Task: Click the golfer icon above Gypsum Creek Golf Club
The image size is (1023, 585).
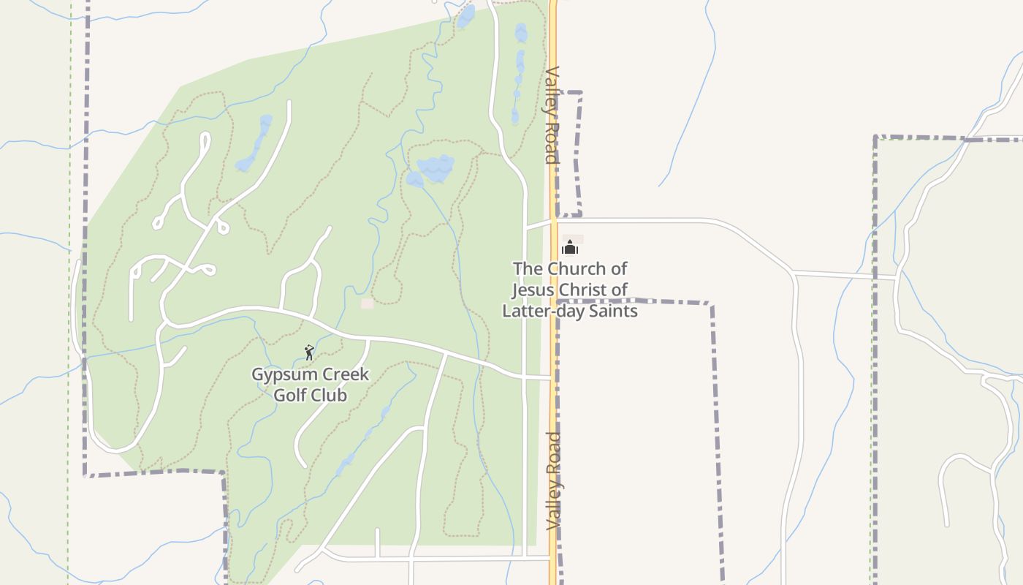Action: pyautogui.click(x=309, y=352)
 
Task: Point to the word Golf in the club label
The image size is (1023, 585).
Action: pyautogui.click(x=290, y=396)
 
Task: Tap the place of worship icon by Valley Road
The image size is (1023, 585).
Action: pyautogui.click(x=570, y=248)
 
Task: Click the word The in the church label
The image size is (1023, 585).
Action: pyautogui.click(x=528, y=268)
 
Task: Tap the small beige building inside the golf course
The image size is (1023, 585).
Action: pyautogui.click(x=367, y=303)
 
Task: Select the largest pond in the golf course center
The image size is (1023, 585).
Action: pyautogui.click(x=436, y=169)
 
